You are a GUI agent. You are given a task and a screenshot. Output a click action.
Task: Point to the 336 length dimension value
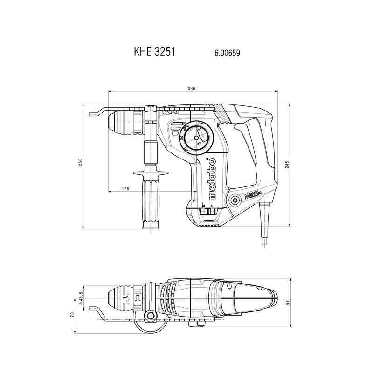[x=191, y=89]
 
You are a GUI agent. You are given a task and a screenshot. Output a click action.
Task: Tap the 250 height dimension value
[x=80, y=162]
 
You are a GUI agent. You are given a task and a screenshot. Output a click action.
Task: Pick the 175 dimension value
[x=125, y=189]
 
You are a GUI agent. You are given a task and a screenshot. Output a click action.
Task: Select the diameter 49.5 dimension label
[x=81, y=298]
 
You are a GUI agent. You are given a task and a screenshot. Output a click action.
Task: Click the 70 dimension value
[x=72, y=315]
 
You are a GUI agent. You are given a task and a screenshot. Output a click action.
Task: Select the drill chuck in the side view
[x=122, y=120]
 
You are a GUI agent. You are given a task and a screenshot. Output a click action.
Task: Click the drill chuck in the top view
[x=122, y=298]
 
